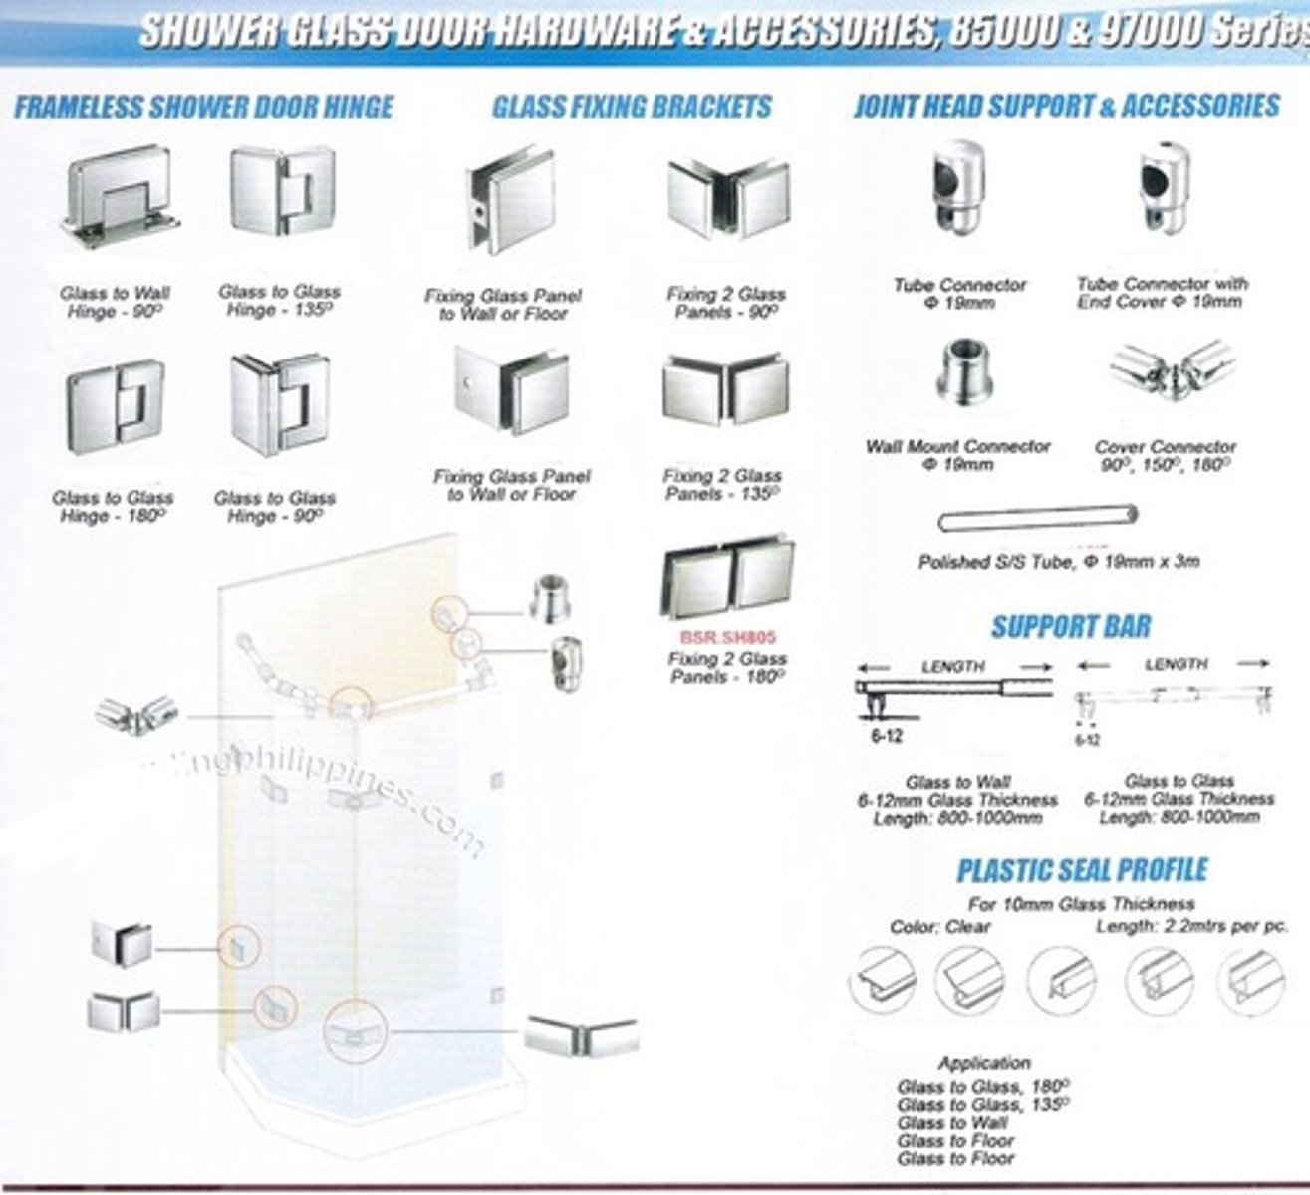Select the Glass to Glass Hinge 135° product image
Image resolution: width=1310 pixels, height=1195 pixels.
click(282, 191)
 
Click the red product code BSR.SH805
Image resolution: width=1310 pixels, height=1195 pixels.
click(727, 637)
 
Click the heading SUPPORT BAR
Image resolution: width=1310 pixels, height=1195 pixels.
click(1070, 627)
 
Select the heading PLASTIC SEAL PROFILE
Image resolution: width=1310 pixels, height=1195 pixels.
click(1082, 870)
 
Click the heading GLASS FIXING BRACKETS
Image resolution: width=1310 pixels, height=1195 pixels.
click(632, 107)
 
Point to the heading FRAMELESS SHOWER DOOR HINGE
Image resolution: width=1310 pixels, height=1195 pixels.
click(204, 107)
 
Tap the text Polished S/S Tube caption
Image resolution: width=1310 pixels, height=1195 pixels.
click(1058, 562)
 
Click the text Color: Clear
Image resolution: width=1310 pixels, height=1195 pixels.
click(940, 927)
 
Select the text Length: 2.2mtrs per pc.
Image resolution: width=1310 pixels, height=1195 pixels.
click(1191, 926)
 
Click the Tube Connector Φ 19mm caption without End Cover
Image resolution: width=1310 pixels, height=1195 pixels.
click(959, 293)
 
